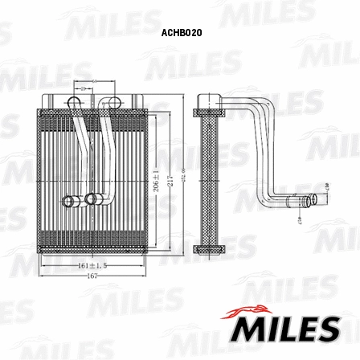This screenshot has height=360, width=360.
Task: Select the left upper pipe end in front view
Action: [74, 101]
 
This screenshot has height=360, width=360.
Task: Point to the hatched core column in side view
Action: [210, 177]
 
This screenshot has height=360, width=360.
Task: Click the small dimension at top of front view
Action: [94, 82]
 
